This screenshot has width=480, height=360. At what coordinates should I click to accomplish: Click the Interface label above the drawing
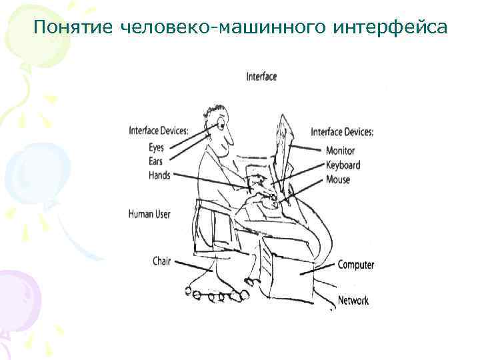(x=261, y=77)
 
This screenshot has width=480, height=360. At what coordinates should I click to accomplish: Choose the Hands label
(x=159, y=175)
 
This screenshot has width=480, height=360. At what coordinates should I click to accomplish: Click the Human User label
(x=149, y=214)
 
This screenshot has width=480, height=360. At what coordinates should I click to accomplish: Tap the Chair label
(x=162, y=261)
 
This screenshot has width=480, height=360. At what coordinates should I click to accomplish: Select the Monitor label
(x=340, y=151)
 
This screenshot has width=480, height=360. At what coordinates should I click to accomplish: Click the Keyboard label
(x=343, y=165)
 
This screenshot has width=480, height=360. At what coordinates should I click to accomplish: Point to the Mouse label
(x=338, y=179)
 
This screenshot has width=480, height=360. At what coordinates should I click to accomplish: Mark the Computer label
(x=356, y=265)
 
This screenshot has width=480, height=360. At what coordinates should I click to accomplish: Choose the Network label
(x=353, y=301)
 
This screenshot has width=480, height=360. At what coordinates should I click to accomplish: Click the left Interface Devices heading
(x=158, y=130)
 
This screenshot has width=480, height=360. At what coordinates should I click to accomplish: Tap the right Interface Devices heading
(x=342, y=132)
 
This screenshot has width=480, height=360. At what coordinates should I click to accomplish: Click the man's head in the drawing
(x=219, y=127)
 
